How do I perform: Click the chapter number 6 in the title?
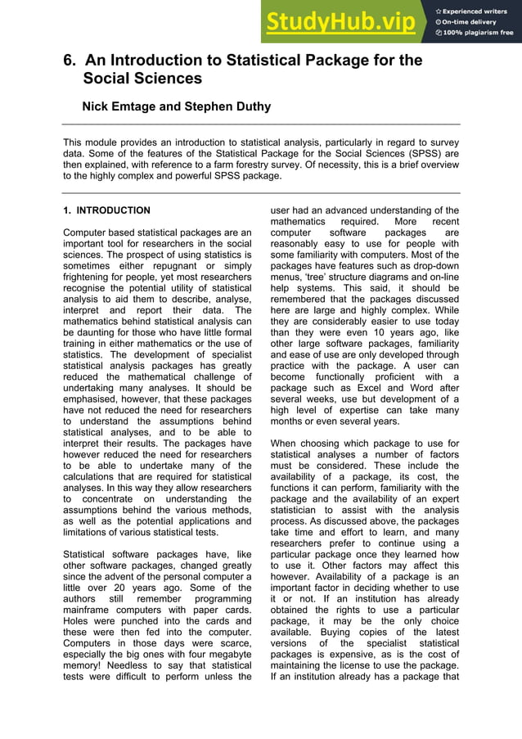coord(69,61)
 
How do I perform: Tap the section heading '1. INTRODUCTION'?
coord(106,210)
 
